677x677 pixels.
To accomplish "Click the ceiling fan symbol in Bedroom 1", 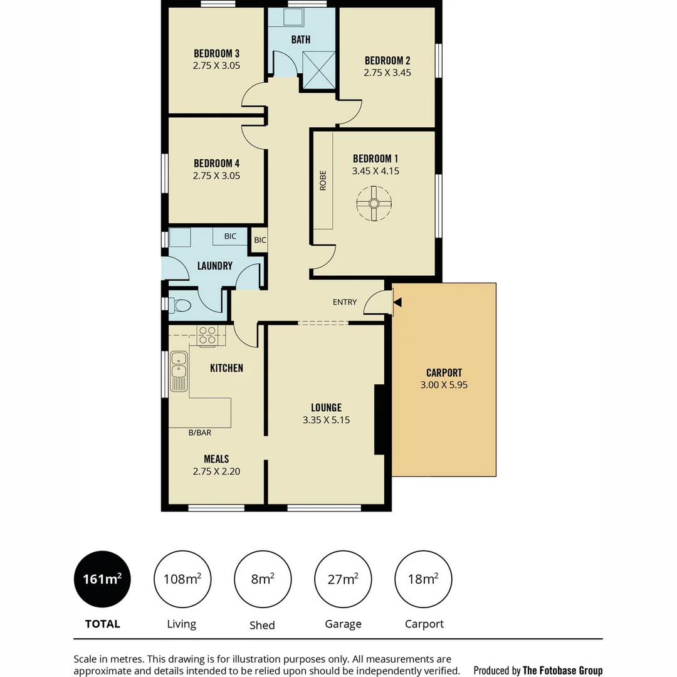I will [x=374, y=203].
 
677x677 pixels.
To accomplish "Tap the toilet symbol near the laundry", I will [x=181, y=305].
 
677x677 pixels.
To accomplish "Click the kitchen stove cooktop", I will [x=207, y=336].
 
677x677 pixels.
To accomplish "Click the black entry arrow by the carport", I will [x=397, y=303].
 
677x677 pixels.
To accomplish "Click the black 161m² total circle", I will [x=102, y=579].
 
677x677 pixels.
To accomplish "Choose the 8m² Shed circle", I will [x=263, y=579].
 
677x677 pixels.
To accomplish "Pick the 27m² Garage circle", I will [x=343, y=579].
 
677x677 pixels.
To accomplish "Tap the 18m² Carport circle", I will [x=423, y=579].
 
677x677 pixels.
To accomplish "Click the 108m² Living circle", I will [x=182, y=579].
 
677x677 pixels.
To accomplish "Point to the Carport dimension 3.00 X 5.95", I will [x=444, y=385].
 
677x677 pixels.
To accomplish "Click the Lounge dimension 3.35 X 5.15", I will [x=326, y=420].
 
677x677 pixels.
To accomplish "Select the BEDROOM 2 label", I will [x=387, y=61].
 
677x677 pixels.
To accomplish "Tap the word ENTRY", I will [x=345, y=302].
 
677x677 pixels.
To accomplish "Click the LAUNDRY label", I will [x=215, y=266].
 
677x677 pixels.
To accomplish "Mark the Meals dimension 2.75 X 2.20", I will [x=216, y=471].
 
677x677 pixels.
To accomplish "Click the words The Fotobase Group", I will [x=562, y=670].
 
